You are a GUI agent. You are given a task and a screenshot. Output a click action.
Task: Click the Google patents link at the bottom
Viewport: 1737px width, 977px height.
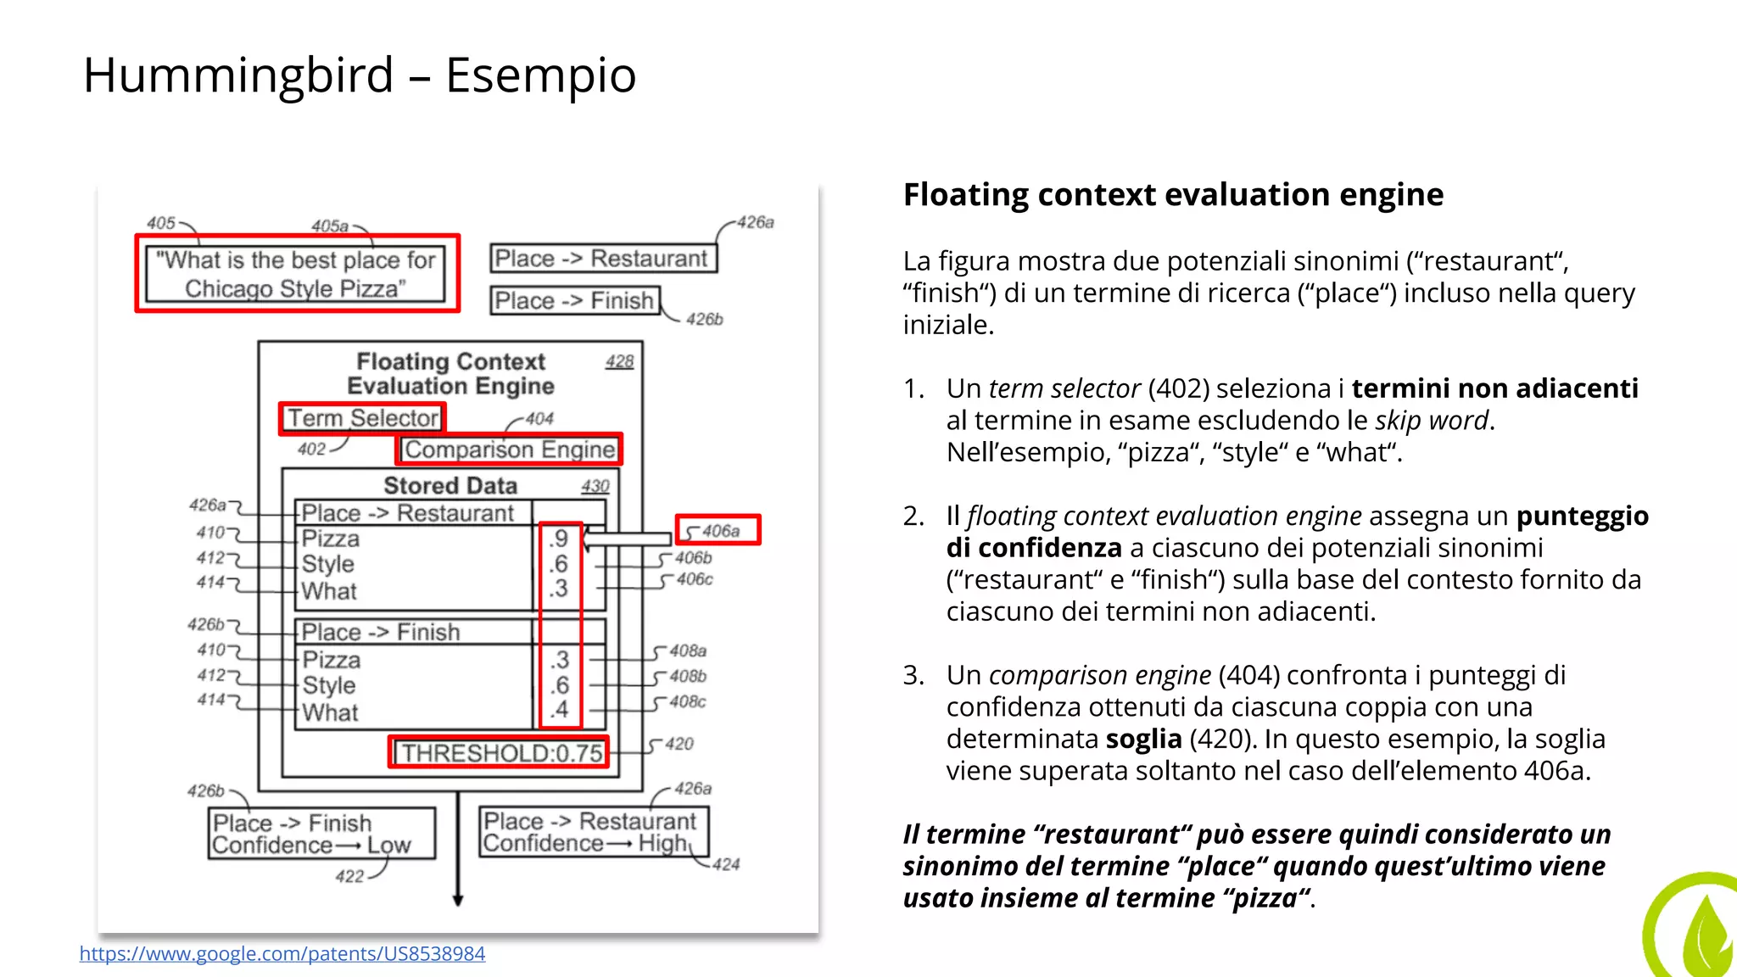pyautogui.click(x=282, y=954)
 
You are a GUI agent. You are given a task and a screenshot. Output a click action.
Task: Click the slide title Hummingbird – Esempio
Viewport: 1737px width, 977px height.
pyautogui.click(x=360, y=75)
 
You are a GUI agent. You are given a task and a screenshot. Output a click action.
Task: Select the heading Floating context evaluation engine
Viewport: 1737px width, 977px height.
pyautogui.click(x=1173, y=195)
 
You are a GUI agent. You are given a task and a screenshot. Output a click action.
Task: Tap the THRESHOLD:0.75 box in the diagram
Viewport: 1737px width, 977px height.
pyautogui.click(x=500, y=753)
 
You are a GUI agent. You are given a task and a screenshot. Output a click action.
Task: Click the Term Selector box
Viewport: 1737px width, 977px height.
pyautogui.click(x=363, y=418)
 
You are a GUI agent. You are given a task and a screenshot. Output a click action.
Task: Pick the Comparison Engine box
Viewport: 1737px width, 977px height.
pyautogui.click(x=510, y=449)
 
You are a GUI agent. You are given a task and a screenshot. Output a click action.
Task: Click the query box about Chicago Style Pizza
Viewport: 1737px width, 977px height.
pyautogui.click(x=296, y=274)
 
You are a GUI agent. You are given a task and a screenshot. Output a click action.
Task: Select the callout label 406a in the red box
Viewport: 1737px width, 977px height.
pyautogui.click(x=719, y=531)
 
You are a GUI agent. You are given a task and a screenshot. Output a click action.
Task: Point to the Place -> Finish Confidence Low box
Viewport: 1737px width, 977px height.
pyautogui.click(x=321, y=834)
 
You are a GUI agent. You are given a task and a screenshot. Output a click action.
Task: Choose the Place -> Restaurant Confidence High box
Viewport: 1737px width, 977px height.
pyautogui.click(x=593, y=832)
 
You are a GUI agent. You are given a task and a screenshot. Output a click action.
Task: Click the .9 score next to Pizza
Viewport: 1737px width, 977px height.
pyautogui.click(x=559, y=539)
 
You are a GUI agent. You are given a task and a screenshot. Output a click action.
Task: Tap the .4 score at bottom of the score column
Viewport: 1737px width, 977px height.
pyautogui.click(x=559, y=710)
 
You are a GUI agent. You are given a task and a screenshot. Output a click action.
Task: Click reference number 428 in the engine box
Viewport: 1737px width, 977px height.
pyautogui.click(x=619, y=362)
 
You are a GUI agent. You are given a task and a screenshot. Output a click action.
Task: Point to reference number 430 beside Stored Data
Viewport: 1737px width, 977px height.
pyautogui.click(x=595, y=487)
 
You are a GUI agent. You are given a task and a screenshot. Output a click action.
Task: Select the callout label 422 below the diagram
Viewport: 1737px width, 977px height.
pyautogui.click(x=349, y=877)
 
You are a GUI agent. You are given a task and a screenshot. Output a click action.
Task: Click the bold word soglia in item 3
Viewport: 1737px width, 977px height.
pyautogui.click(x=1143, y=740)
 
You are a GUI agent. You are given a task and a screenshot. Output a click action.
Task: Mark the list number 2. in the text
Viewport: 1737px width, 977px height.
pyautogui.click(x=913, y=516)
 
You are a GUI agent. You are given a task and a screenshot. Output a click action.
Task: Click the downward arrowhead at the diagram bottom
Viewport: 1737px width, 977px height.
pyautogui.click(x=458, y=900)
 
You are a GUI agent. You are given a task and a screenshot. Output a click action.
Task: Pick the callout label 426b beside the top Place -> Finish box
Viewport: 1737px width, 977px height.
pyautogui.click(x=704, y=320)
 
